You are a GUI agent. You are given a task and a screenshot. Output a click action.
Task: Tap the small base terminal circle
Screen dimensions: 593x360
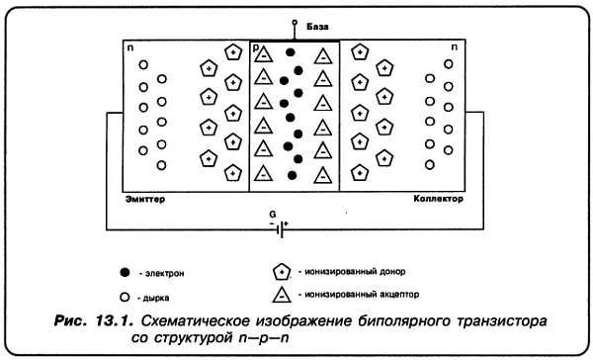[x=294, y=24]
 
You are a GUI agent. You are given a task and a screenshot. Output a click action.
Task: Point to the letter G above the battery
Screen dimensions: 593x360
[x=273, y=213]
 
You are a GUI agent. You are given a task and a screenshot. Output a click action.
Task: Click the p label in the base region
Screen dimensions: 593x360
[x=256, y=46]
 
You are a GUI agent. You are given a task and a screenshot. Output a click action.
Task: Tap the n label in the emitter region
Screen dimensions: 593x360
[x=129, y=46]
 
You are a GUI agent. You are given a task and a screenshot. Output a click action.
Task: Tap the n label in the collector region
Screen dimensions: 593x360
[x=455, y=46]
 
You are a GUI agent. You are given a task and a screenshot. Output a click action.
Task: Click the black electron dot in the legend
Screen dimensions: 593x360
[x=124, y=271]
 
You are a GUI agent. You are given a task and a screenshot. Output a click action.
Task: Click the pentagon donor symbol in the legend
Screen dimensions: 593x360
[x=282, y=271]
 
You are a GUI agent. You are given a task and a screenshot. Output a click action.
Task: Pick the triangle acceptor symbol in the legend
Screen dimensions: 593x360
[x=282, y=294]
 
